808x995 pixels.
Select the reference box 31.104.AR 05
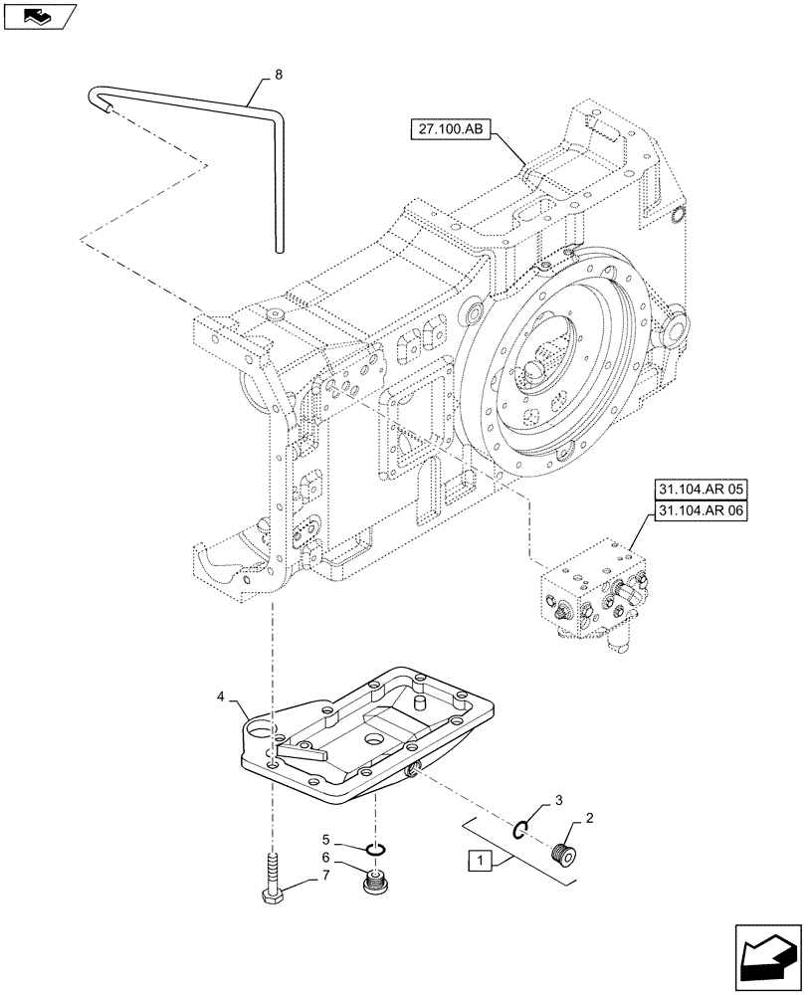(701, 490)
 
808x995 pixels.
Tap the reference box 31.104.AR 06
(701, 511)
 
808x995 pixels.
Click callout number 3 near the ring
(558, 800)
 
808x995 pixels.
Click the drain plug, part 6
(376, 881)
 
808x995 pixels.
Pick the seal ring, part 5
(375, 849)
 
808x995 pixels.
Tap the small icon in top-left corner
(38, 15)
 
